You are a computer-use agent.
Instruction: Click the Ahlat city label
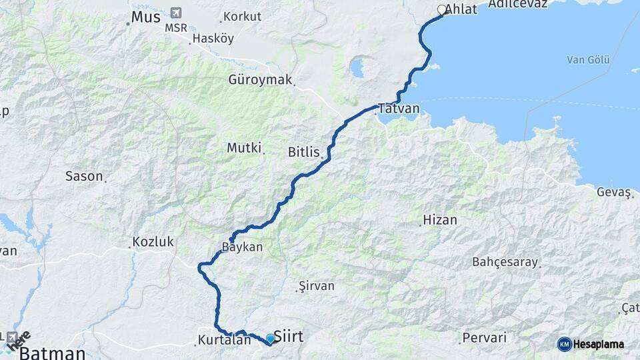461,9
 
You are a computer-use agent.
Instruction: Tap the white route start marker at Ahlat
441,10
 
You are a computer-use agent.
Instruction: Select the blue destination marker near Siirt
270,339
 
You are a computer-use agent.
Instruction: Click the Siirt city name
289,337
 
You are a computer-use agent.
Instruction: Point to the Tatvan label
399,109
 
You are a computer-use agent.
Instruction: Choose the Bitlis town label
304,152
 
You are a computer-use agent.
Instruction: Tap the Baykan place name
243,247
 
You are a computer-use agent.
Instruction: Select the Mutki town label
244,148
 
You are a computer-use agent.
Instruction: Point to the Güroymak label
261,80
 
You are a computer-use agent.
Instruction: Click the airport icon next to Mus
175,13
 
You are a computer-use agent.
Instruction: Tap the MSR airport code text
176,28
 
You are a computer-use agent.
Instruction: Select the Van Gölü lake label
588,60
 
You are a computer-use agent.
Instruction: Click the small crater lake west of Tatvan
358,67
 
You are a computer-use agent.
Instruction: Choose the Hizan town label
440,220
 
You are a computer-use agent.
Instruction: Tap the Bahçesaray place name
505,262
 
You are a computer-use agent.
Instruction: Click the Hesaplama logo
591,344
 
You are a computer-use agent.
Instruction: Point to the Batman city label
52,353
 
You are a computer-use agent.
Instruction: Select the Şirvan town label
317,286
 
